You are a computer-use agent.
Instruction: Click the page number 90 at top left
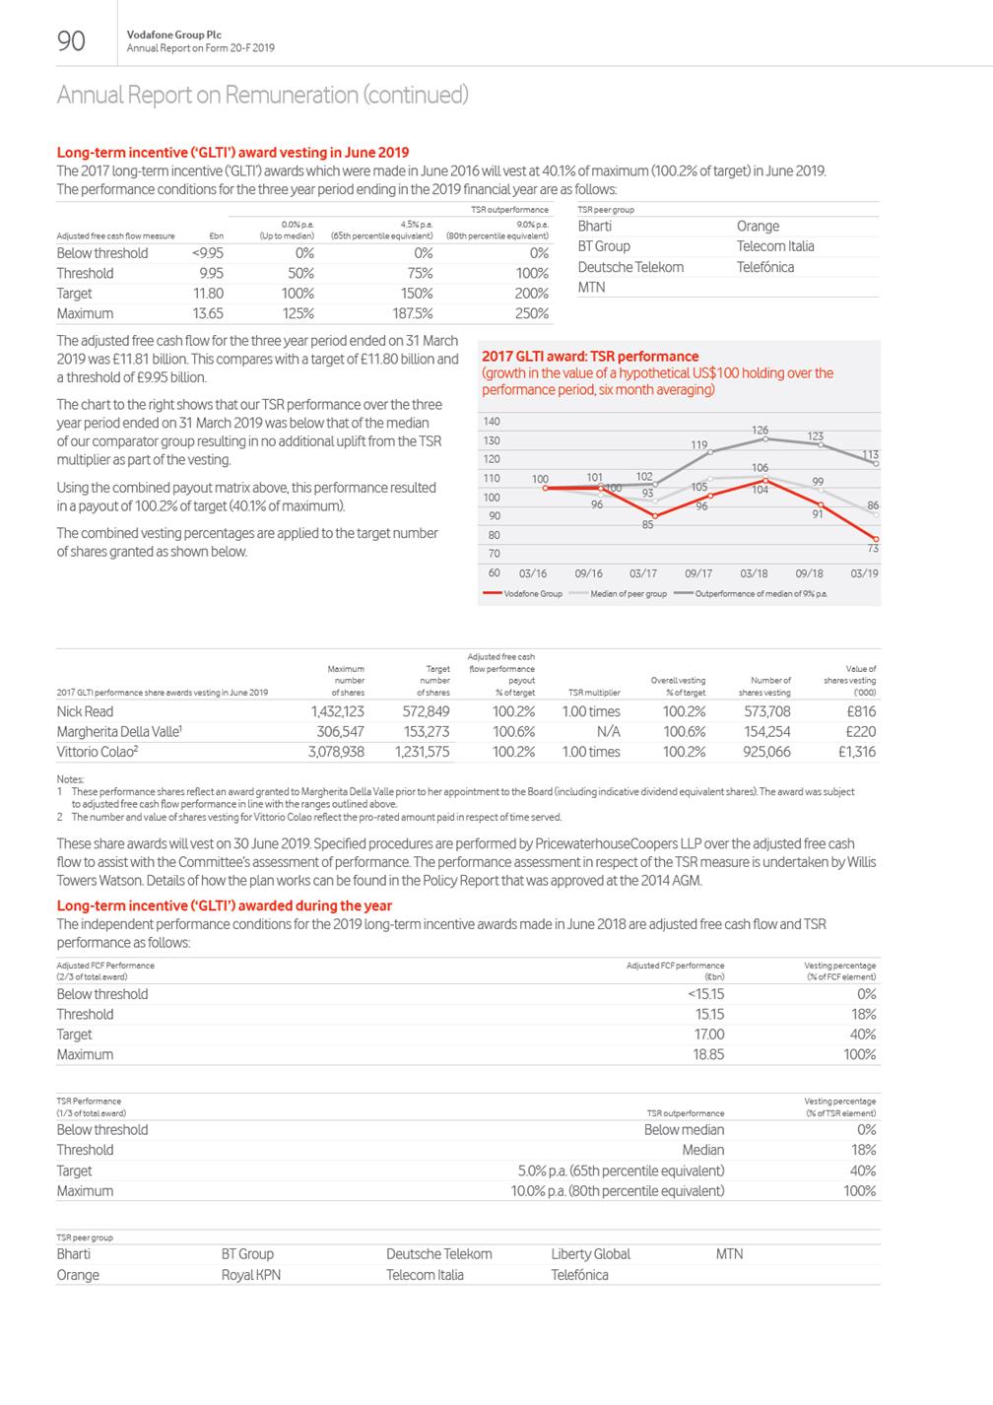tap(72, 40)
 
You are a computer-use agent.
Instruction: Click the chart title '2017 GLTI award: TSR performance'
tap(590, 357)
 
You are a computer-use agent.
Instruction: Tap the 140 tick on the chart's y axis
tap(493, 422)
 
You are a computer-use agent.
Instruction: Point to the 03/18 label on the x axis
tap(754, 572)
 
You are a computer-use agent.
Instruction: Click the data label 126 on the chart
tap(760, 431)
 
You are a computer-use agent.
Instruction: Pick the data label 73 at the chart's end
tap(872, 549)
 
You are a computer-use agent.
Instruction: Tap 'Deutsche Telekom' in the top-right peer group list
tap(630, 267)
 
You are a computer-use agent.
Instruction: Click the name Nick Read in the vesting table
tap(85, 711)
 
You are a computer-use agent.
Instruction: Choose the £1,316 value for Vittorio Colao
tap(856, 752)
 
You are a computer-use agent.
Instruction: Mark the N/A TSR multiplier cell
tap(608, 731)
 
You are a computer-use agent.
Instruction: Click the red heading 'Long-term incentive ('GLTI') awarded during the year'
tap(225, 905)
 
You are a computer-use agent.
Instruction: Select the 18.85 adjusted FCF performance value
tap(708, 1054)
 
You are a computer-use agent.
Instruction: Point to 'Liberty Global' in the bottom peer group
tap(590, 1254)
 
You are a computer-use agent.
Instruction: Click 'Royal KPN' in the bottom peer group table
tap(251, 1275)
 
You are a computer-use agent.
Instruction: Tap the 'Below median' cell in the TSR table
tap(684, 1130)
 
